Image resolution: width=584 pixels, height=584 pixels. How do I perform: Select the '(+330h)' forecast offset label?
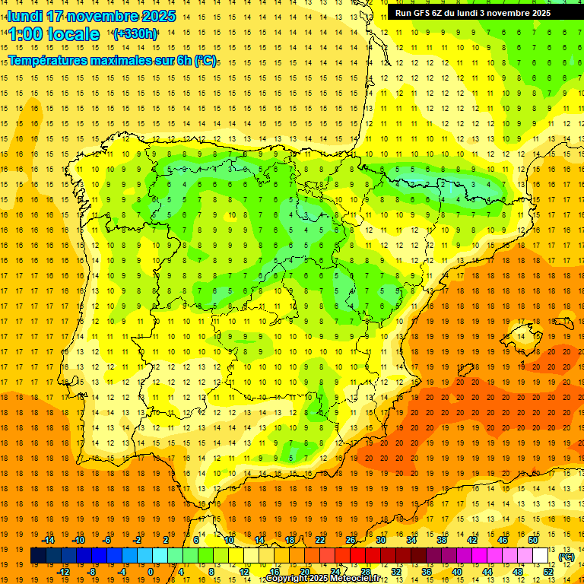pos(135,34)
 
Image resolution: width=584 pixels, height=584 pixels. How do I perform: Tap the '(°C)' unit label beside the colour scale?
pos(567,557)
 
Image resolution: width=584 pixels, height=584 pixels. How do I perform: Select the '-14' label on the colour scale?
pos(49,540)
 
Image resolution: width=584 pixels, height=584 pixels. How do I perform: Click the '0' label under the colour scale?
pos(151,572)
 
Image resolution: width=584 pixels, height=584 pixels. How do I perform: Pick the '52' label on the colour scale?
pos(548,572)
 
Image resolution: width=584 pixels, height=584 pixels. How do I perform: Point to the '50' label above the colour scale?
pos(533,540)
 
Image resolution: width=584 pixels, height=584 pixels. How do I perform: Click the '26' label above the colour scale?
pos(351,540)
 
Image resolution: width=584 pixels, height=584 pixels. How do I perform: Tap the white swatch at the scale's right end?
pos(541,556)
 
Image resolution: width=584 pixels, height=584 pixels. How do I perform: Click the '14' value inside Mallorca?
pos(521,337)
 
